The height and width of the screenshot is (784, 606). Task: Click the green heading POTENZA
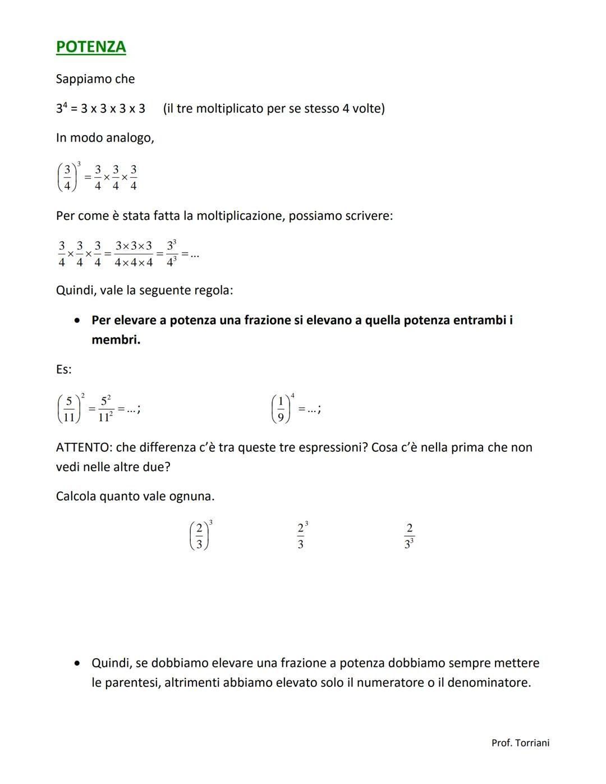91,47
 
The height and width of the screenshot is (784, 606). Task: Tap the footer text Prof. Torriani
520,742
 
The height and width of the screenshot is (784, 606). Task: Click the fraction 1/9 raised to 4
282,409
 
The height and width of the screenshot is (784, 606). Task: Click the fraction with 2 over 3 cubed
409,536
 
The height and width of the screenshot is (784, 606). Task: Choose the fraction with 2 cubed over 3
301,536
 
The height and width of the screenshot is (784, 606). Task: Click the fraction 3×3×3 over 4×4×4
134,254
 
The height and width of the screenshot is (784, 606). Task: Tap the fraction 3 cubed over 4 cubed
172,254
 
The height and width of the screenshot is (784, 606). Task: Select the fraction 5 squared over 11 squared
105,409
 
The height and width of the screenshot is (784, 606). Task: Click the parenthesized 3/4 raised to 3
68,177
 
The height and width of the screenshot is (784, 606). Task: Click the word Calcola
76,496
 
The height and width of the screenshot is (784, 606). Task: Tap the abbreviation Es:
63,369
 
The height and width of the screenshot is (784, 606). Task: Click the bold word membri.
116,340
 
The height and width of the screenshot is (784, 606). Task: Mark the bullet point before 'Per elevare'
77,320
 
